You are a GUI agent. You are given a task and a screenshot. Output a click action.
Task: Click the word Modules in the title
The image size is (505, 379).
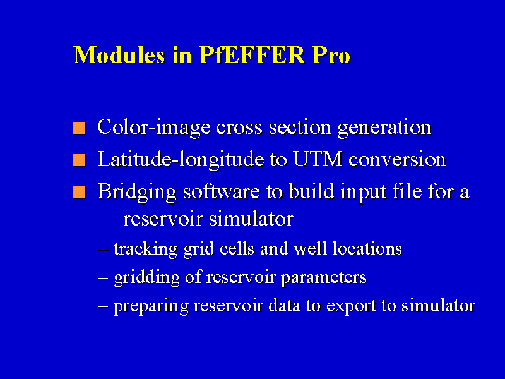tap(119, 55)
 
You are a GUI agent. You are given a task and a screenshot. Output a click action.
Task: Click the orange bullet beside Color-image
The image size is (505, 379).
tap(80, 128)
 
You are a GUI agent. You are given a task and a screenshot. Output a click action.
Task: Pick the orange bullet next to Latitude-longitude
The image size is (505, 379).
tap(80, 160)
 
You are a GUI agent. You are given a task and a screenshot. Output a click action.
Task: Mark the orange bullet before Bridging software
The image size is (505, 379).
tap(80, 193)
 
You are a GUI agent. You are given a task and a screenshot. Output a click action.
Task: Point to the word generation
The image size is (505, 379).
tap(384, 128)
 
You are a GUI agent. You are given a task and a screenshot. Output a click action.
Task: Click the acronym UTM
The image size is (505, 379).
tap(318, 159)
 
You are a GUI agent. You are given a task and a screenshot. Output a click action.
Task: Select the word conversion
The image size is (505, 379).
tap(397, 160)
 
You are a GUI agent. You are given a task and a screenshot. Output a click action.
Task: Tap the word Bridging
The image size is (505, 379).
tap(137, 193)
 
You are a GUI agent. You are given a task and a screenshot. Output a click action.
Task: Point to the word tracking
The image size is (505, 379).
tap(145, 249)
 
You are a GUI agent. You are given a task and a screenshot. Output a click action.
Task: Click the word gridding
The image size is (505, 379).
tap(147, 278)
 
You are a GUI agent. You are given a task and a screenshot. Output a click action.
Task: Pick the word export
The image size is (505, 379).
tap(352, 306)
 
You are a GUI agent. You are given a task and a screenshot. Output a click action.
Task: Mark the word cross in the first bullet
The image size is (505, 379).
tap(239, 128)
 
